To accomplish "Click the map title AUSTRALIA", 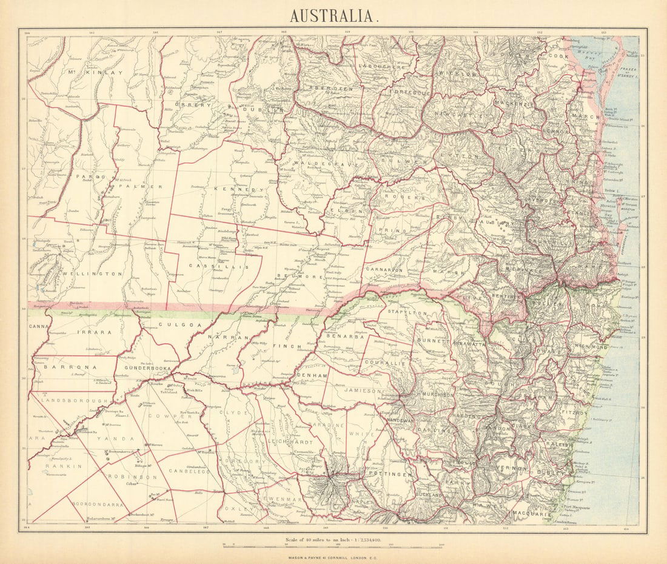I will pos(334,15).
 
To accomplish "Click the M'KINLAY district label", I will pos(96,73).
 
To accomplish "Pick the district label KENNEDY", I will pos(238,190).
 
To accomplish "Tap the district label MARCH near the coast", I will pos(585,116).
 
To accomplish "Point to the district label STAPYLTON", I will pos(406,313).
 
